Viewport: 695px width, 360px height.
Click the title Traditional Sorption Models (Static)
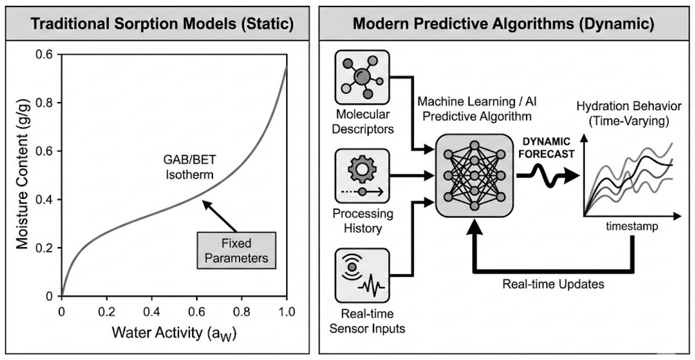162,24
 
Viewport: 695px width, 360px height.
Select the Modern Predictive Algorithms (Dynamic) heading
503,24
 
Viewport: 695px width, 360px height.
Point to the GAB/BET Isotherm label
189,167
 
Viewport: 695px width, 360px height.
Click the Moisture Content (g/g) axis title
22,174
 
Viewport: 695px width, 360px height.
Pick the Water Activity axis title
174,333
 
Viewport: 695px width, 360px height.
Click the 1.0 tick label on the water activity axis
287,312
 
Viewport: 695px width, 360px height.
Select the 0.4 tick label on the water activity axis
152,312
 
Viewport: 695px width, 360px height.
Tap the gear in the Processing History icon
362,169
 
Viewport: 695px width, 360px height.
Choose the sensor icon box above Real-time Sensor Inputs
362,275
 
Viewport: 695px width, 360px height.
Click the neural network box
474,176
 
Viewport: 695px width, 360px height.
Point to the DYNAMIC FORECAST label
546,148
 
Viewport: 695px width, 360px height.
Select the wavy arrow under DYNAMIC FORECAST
548,176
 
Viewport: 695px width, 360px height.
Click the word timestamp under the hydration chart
632,226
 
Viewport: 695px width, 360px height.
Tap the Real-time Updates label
553,284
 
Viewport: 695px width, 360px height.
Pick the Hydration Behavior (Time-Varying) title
629,113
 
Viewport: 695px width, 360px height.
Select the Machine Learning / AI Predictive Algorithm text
477,109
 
